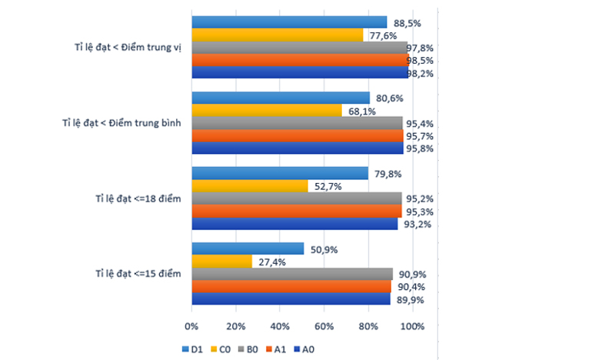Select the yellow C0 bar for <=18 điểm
point(249,186)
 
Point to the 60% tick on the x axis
point(324,327)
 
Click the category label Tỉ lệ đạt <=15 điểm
point(138,275)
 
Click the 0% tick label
point(192,327)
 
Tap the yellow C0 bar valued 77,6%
point(277,35)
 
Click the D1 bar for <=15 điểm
point(248,249)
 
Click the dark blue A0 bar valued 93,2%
point(294,224)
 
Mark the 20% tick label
point(236,327)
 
